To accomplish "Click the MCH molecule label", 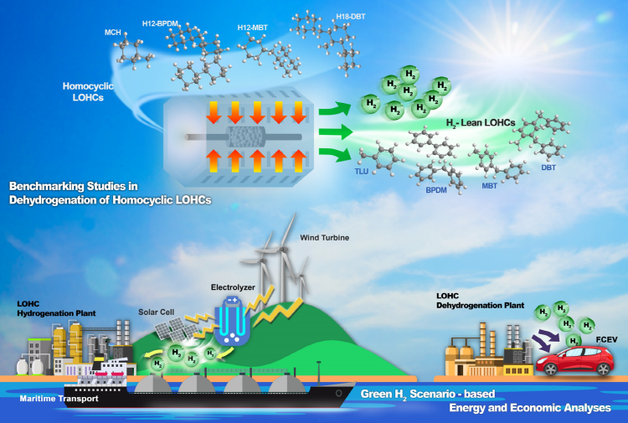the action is pos(112,33).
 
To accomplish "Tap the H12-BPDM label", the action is pos(160,23).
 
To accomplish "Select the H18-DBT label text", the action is pos(351,17).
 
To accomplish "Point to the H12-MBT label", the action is pos(252,28).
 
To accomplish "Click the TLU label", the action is pos(361,172).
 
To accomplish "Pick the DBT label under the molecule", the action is pos(548,168).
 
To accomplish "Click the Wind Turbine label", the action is pos(324,238).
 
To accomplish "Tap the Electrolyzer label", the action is pos(233,287).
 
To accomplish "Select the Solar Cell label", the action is pos(157,312).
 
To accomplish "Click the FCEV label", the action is pos(606,340).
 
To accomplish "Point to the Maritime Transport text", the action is pos(59,399).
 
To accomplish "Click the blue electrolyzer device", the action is pos(232,321).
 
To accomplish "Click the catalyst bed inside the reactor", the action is pos(247,137).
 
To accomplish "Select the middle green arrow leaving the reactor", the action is pos(336,132).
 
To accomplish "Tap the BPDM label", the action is pos(436,190).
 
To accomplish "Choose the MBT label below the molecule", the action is pos(490,186).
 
